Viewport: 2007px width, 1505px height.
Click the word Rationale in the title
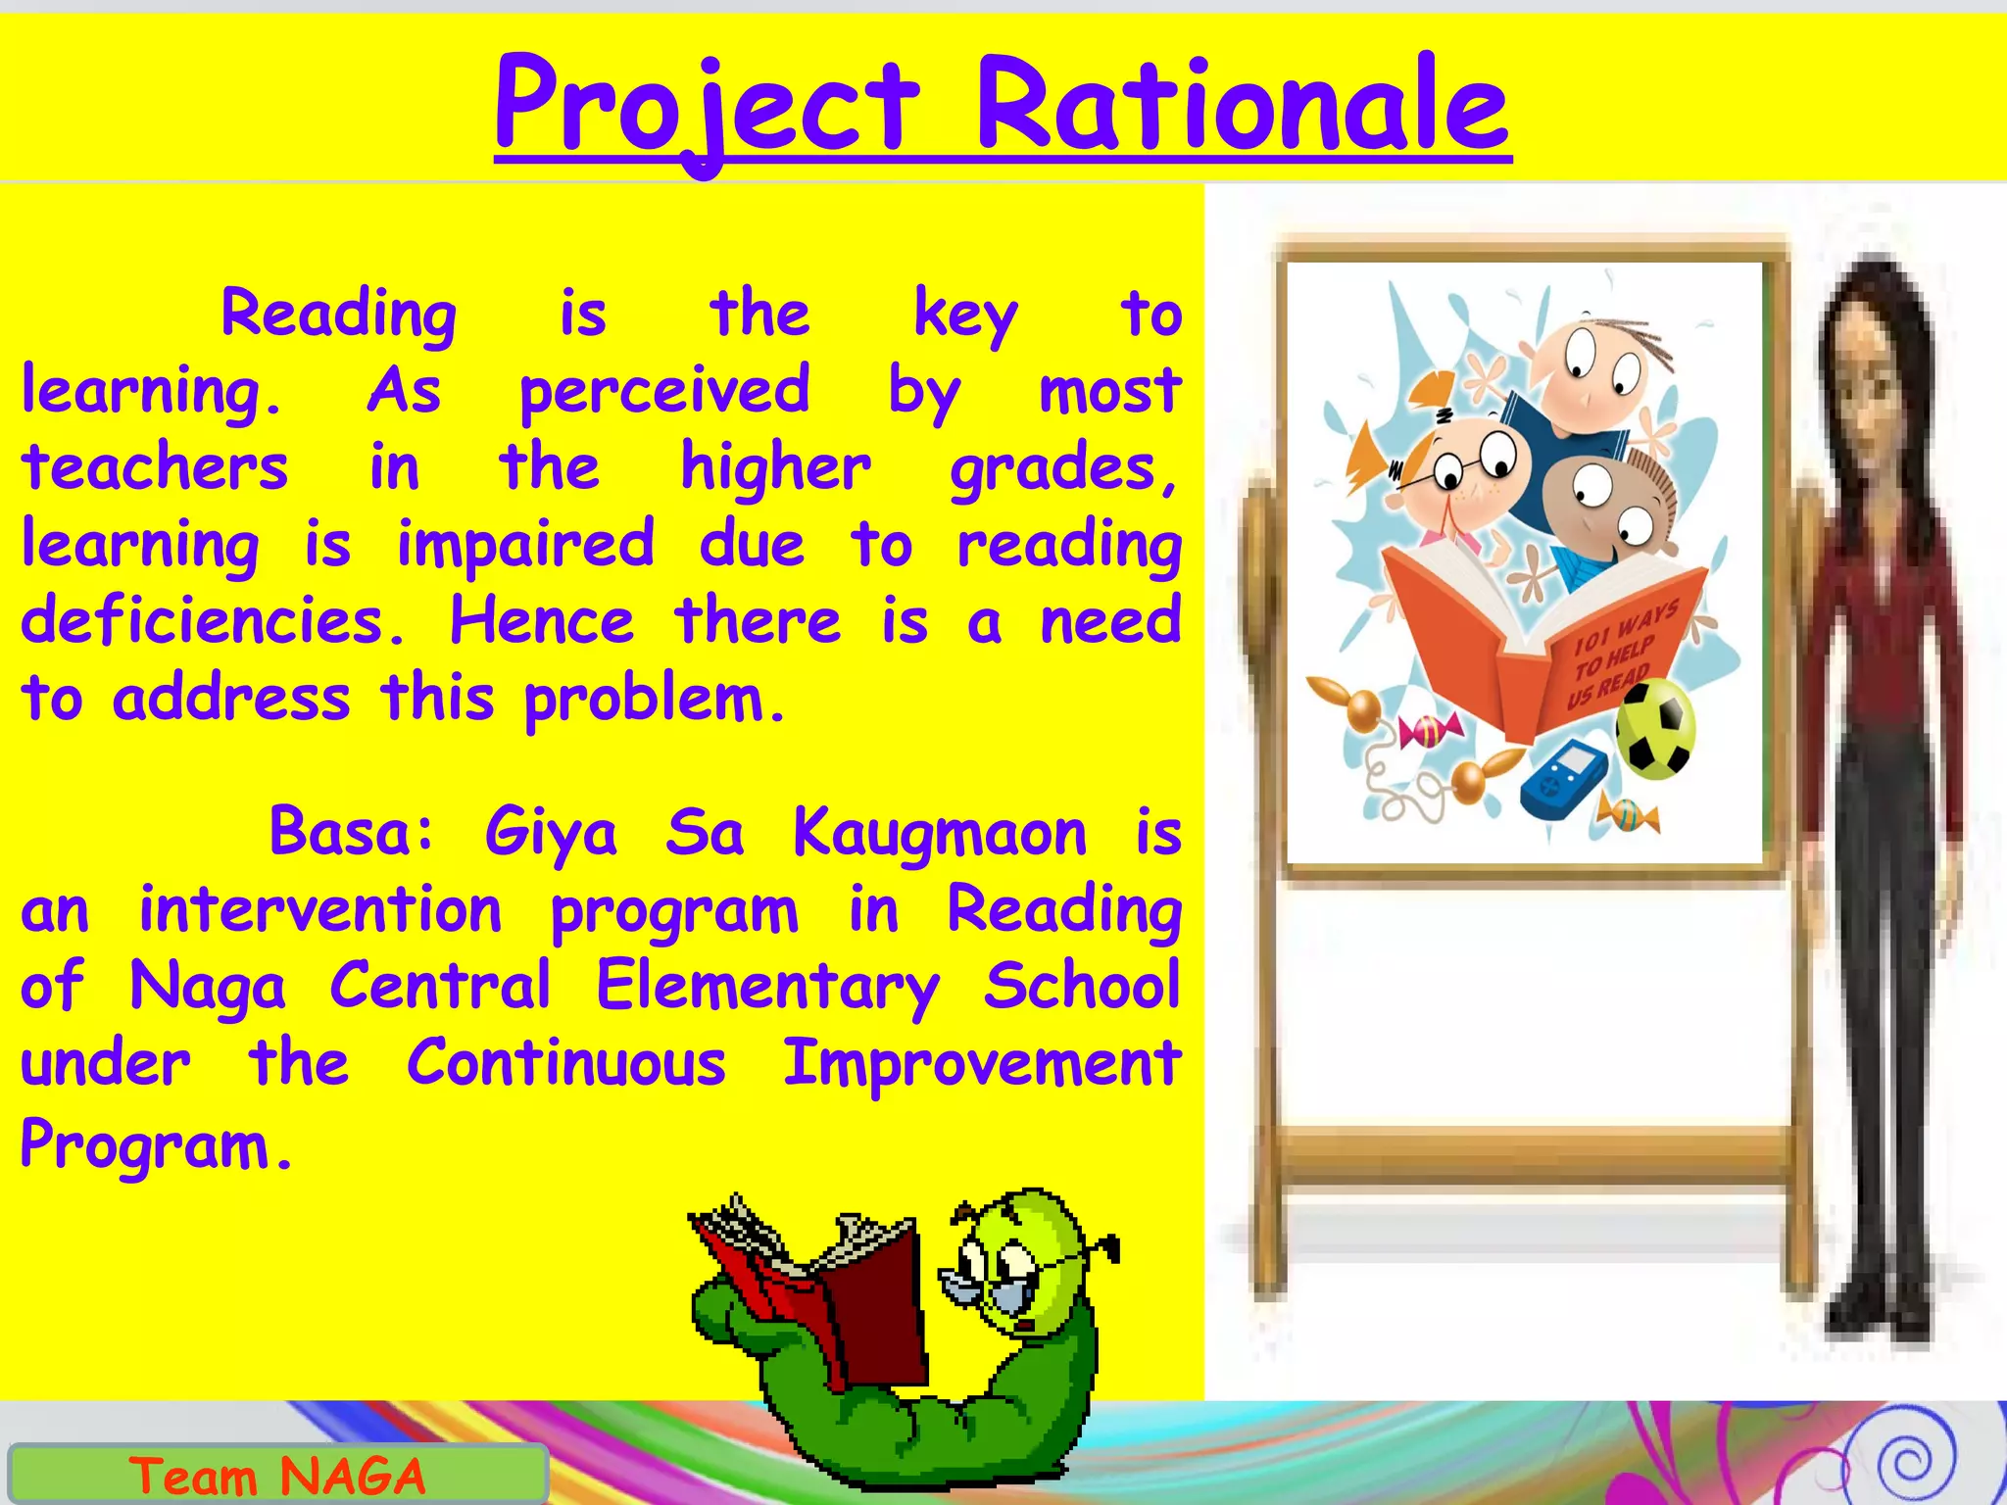(x=1242, y=106)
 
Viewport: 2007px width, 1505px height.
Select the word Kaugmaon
(x=939, y=833)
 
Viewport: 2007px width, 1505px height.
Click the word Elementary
(x=767, y=987)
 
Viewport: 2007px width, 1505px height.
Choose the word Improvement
(x=981, y=1063)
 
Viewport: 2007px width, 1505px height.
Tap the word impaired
(x=525, y=544)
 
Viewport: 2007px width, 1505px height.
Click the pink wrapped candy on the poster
(x=1431, y=730)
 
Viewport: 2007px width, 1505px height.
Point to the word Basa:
(x=352, y=833)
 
